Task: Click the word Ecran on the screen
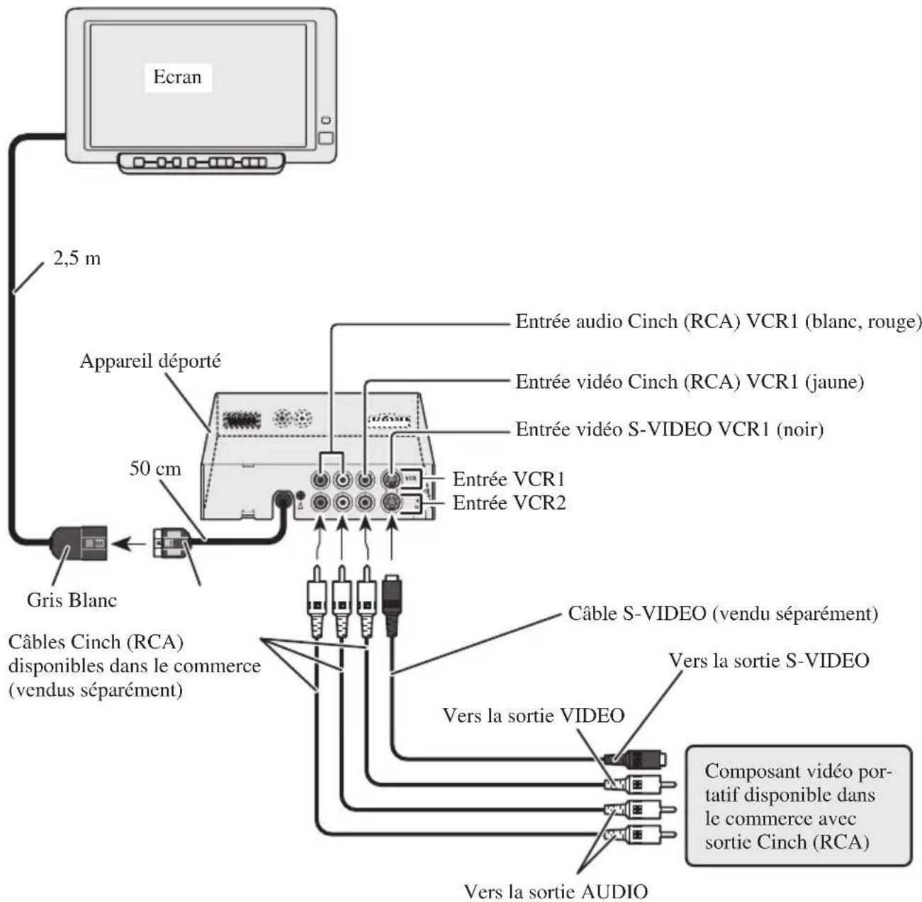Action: point(177,77)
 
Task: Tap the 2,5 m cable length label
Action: point(77,259)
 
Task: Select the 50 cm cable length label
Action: point(154,468)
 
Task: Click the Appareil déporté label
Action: point(150,361)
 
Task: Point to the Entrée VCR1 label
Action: point(508,479)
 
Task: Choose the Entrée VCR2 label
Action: point(509,503)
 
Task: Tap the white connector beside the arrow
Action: point(170,544)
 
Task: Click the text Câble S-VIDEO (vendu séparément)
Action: point(723,614)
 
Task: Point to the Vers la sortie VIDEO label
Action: point(533,715)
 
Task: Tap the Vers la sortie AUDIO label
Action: point(555,890)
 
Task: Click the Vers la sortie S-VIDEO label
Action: point(768,660)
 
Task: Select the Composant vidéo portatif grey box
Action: point(798,806)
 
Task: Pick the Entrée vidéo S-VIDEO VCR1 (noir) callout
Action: point(669,429)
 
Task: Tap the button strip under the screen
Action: point(201,163)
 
